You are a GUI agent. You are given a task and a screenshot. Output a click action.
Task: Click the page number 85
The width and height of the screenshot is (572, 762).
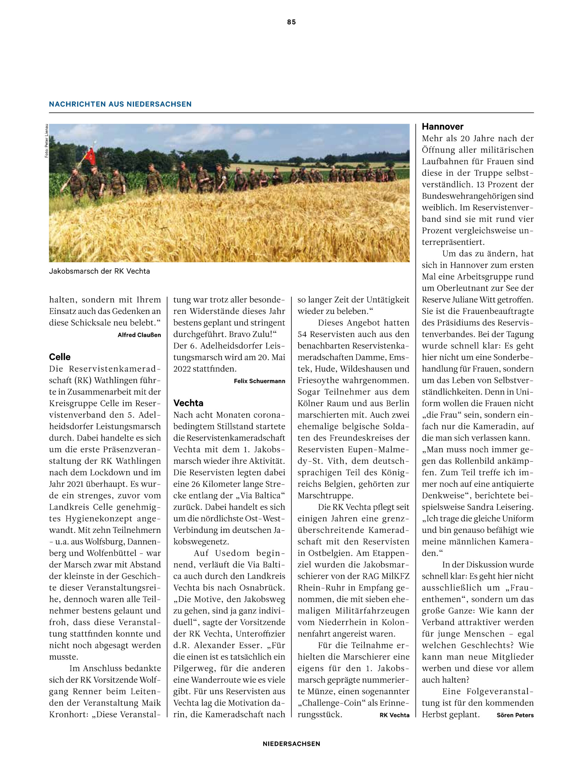pos(291,22)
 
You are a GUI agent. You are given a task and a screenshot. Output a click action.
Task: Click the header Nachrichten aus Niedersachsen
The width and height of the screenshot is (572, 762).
pos(120,104)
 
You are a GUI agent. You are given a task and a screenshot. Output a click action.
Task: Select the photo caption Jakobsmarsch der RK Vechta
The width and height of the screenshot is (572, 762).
pos(99,271)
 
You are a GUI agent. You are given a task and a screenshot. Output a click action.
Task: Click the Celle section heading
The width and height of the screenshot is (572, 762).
pos(60,357)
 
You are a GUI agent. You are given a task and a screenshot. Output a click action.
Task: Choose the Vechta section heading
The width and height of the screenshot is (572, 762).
pos(188,403)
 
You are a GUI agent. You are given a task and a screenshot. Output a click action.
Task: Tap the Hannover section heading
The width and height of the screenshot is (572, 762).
pos(442,127)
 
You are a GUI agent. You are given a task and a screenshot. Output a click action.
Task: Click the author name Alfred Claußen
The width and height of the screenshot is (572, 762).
pos(139,335)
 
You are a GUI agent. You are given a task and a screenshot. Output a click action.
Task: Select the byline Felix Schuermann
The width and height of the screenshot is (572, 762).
pos(259,381)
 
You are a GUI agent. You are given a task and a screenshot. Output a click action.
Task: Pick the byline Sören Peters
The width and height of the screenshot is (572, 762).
pos(515,715)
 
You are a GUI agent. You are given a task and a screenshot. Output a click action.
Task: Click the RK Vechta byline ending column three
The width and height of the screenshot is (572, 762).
pos(394,715)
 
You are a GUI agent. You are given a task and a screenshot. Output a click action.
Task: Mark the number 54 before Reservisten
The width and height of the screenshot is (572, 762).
pos(302,334)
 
